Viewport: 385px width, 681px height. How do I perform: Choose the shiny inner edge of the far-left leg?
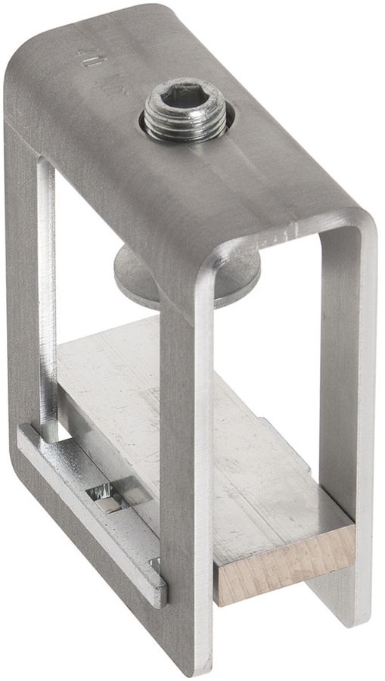[47, 303]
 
